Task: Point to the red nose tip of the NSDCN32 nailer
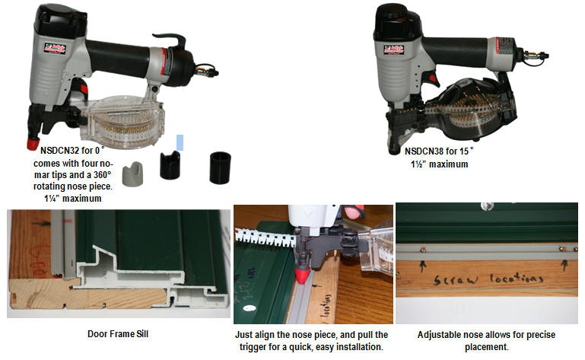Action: (33, 142)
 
